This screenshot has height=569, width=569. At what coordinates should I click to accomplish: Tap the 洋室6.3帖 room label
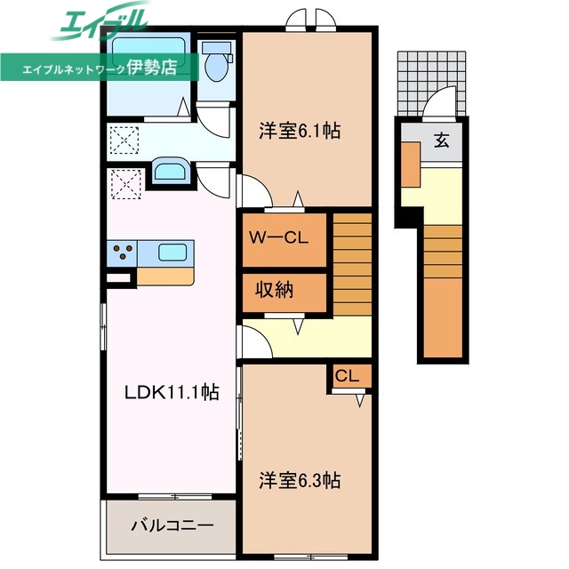(x=300, y=480)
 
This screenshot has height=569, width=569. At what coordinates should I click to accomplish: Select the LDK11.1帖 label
(x=172, y=390)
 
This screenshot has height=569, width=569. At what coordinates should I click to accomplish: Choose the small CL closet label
(x=348, y=376)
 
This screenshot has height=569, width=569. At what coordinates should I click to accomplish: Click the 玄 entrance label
(x=441, y=140)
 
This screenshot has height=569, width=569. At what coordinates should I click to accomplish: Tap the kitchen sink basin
(x=172, y=252)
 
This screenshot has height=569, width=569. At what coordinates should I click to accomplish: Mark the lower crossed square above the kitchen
(x=124, y=185)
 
